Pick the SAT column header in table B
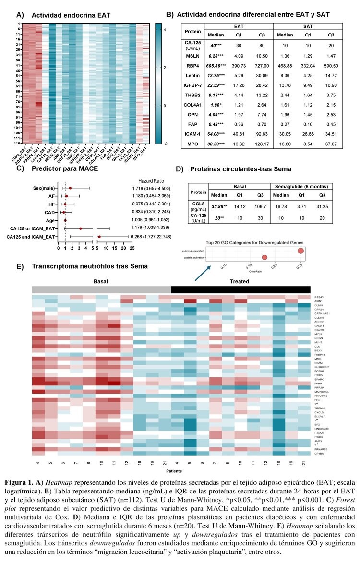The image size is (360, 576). tap(308, 26)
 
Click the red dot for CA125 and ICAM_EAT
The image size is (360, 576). tap(99, 237)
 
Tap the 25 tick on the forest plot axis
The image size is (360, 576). tap(132, 248)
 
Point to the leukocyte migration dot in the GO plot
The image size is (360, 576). tap(300, 251)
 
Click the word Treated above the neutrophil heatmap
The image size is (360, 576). tap(239, 281)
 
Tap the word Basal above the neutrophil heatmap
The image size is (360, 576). tap(101, 281)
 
